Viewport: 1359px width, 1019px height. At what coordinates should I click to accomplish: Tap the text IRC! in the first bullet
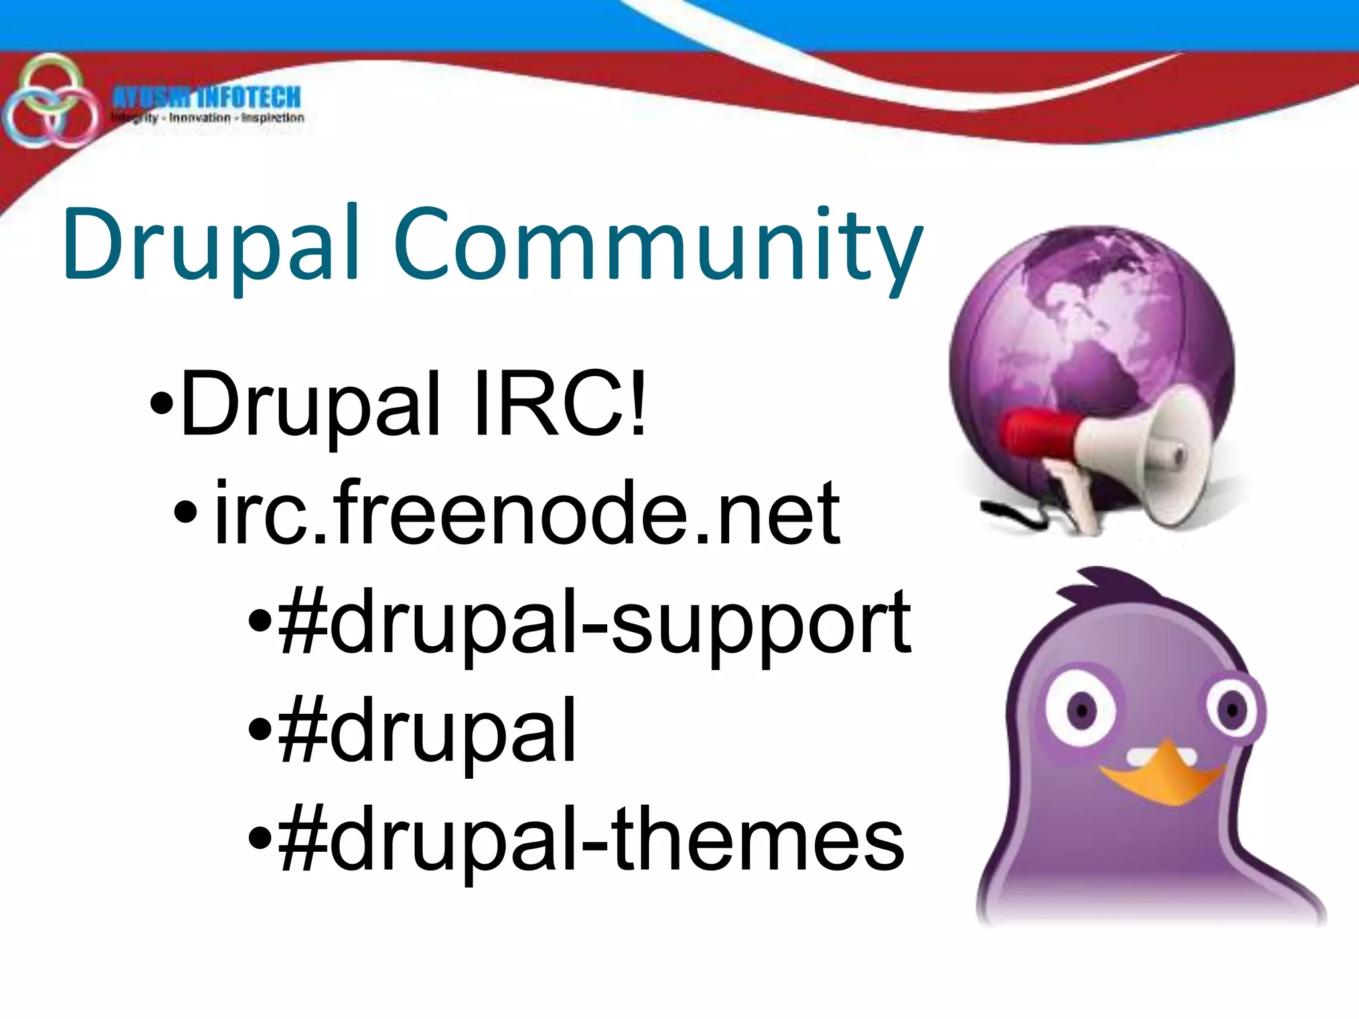561,403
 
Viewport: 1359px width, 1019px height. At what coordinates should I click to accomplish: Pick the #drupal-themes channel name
591,839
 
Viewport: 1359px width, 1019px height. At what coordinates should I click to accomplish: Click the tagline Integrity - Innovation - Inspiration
207,118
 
